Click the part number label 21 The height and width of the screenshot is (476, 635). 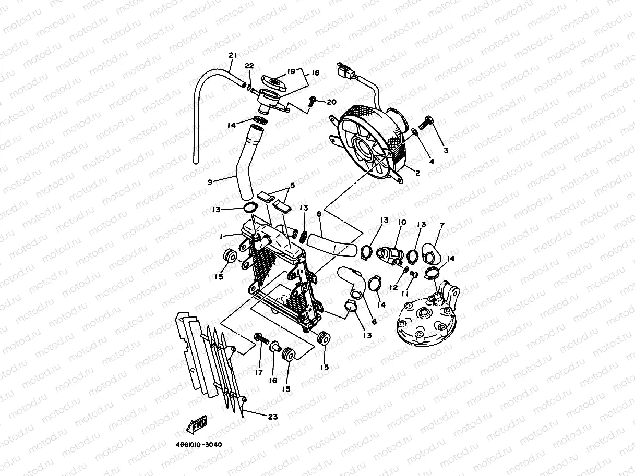click(233, 56)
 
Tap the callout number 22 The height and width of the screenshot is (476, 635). click(249, 66)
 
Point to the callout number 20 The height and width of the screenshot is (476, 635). click(332, 102)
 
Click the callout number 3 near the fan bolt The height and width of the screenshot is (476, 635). click(446, 151)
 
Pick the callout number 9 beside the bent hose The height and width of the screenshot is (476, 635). click(210, 182)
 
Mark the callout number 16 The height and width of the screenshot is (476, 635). click(273, 381)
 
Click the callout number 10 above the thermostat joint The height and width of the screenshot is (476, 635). click(402, 223)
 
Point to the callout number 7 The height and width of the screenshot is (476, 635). click(442, 225)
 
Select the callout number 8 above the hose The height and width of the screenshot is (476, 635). click(318, 213)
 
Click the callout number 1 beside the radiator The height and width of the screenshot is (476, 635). click(222, 236)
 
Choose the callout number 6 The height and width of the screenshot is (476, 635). click(374, 322)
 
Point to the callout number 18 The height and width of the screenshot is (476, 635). click(315, 74)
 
